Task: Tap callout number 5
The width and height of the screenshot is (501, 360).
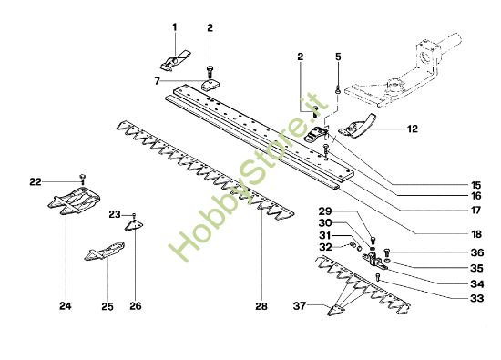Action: pos(337,57)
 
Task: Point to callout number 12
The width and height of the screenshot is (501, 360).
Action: pos(412,129)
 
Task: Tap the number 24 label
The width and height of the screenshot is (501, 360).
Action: pos(65,305)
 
